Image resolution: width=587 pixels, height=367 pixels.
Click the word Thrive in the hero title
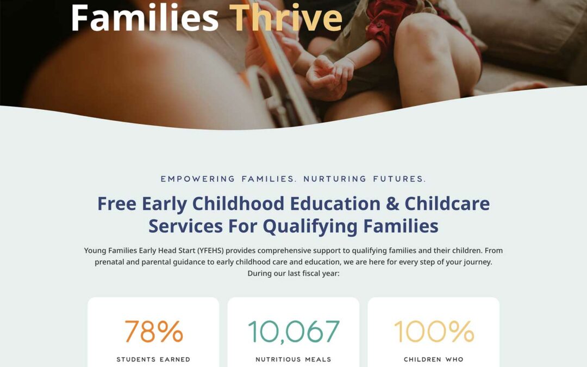pos(286,17)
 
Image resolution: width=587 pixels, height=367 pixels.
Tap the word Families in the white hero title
pos(145,17)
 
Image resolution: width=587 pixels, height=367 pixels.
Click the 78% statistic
pos(153,331)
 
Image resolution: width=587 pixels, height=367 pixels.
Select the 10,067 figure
pos(293,332)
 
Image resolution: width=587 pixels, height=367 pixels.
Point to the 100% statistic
pos(434,331)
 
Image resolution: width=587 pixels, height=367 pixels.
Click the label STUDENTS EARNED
pos(153,359)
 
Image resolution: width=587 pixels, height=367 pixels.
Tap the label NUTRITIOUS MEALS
pos(293,359)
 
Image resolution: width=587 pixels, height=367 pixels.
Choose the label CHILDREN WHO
pos(434,359)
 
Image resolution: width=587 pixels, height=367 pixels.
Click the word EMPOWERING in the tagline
pos(198,179)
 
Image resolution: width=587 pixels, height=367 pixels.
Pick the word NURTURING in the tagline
pos(335,179)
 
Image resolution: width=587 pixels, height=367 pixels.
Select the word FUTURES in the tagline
pos(399,179)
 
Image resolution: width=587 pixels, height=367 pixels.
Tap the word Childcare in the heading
pos(447,204)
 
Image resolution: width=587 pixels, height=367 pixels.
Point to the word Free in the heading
pos(117,204)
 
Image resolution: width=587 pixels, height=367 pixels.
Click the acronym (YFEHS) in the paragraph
pos(210,251)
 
